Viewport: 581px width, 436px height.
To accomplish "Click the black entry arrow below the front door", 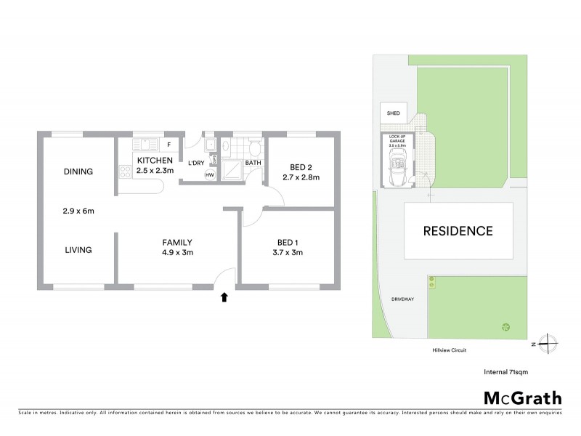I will click(224, 296).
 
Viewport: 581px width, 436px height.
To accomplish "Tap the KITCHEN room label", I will click(155, 161).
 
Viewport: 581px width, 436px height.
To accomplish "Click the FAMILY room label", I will click(176, 243).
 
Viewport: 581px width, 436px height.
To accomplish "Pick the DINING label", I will click(78, 172).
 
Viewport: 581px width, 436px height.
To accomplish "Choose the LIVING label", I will click(78, 250).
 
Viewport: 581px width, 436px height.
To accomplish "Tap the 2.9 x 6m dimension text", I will click(79, 211).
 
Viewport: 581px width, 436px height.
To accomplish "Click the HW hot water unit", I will click(209, 175).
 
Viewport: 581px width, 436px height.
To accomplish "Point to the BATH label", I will click(253, 163).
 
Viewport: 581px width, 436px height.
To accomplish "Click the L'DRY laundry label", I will click(196, 163).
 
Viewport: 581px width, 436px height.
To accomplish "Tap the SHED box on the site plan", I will click(393, 113).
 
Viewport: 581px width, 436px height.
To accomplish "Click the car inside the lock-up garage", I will click(398, 174).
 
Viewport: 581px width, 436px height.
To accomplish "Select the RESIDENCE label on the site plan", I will click(458, 231).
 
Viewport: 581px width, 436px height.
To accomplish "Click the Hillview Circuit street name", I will click(447, 350).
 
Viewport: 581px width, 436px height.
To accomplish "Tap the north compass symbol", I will click(550, 343).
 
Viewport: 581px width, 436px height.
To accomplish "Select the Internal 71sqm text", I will click(506, 371).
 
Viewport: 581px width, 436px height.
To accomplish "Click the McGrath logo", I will click(523, 397).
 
